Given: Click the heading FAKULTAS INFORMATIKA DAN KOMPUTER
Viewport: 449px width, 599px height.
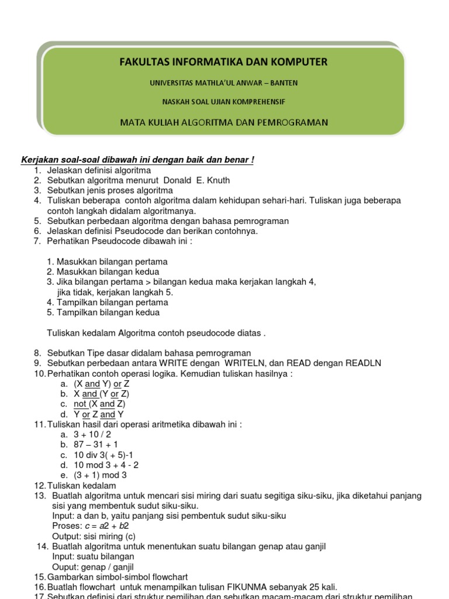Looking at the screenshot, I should [x=224, y=62].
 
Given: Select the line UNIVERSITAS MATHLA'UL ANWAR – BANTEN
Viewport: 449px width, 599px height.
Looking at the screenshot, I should [x=224, y=83].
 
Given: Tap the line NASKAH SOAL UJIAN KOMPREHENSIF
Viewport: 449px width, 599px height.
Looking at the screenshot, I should [x=224, y=102].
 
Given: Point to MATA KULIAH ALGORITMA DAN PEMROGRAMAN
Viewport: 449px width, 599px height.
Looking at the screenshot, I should [x=224, y=122].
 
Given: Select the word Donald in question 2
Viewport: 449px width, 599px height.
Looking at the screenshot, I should [x=177, y=180].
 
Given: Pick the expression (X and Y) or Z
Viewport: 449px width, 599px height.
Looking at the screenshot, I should [x=102, y=384].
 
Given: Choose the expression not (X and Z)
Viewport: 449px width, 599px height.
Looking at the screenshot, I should [x=99, y=404].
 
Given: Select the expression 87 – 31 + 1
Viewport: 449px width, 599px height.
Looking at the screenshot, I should [x=96, y=445].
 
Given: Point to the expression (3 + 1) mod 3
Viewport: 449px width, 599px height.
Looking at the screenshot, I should [x=100, y=475].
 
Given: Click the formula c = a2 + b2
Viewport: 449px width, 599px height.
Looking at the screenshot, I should [x=111, y=526].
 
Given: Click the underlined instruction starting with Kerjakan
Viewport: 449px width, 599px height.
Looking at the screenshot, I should [x=137, y=160].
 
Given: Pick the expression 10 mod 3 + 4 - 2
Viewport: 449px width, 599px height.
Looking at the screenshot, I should [x=106, y=465].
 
